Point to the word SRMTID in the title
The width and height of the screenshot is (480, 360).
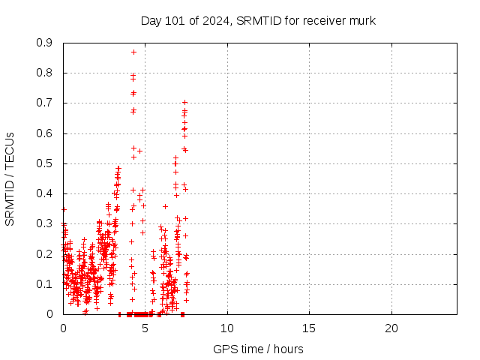(256, 20)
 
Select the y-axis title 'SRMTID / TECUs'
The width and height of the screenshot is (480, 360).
(10, 178)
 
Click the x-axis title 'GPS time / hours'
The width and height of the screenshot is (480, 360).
(259, 349)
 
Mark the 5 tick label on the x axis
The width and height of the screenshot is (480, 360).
(145, 328)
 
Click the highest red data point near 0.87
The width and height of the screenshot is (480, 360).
(133, 52)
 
